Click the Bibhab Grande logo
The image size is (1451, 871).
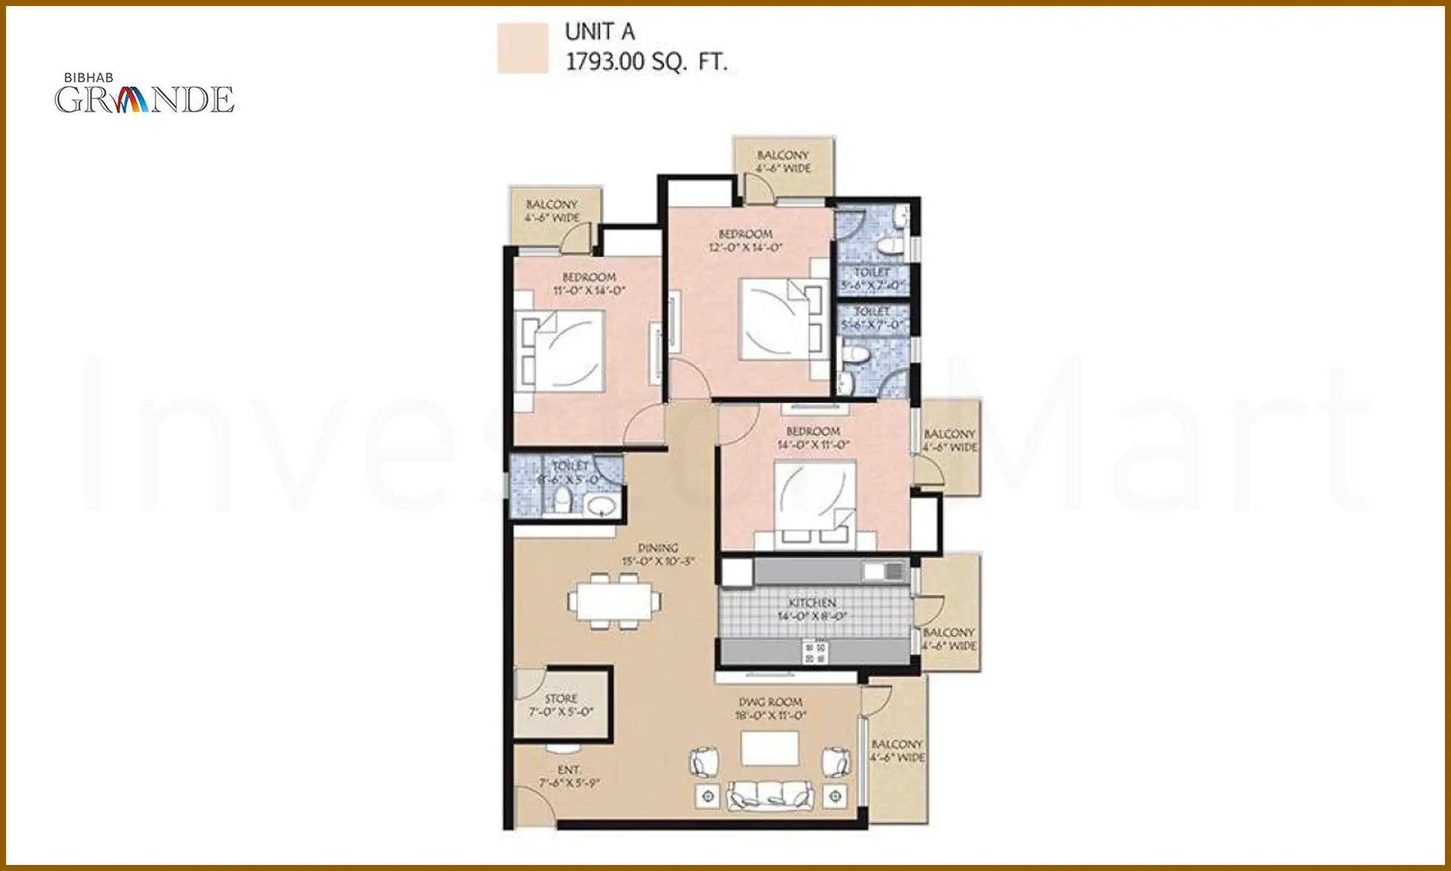coord(144,95)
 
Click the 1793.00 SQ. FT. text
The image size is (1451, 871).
coord(646,62)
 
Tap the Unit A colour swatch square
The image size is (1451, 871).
coord(522,48)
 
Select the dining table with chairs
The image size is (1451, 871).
coord(614,601)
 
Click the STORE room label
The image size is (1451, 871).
coord(561,699)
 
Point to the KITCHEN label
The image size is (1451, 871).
coord(812,603)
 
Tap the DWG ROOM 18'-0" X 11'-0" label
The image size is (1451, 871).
coord(770,708)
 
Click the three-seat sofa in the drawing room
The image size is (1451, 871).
coord(770,795)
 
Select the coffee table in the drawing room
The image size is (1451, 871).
coord(770,748)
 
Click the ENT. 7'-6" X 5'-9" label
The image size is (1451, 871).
coord(569,776)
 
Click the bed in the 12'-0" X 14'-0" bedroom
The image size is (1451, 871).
coord(780,319)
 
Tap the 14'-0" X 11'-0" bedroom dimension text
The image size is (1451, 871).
coord(813,445)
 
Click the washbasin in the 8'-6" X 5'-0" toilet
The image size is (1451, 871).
coord(601,506)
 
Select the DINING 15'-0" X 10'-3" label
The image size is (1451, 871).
coord(658,554)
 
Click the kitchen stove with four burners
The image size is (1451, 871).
coord(815,652)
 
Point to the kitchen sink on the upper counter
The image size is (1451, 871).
coord(883,571)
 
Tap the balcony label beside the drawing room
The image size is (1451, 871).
coord(897,751)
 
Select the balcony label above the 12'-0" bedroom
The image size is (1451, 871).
coord(783,161)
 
